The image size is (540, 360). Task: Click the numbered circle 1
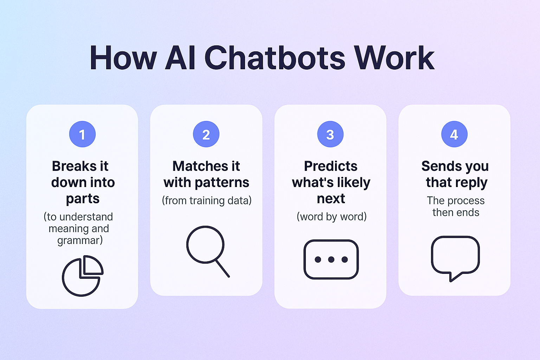[83, 134]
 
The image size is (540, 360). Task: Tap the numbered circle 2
[206, 134]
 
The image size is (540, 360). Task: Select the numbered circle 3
[330, 134]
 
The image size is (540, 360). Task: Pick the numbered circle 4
[455, 134]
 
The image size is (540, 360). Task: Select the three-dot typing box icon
[331, 259]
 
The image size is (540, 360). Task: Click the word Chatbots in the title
[275, 58]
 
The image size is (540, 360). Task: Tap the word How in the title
[123, 58]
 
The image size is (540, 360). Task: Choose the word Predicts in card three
[331, 166]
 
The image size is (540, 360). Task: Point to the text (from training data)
[207, 201]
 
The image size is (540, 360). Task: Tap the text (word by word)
[332, 217]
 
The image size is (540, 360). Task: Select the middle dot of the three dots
[331, 259]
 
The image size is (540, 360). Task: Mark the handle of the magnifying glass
[222, 268]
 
